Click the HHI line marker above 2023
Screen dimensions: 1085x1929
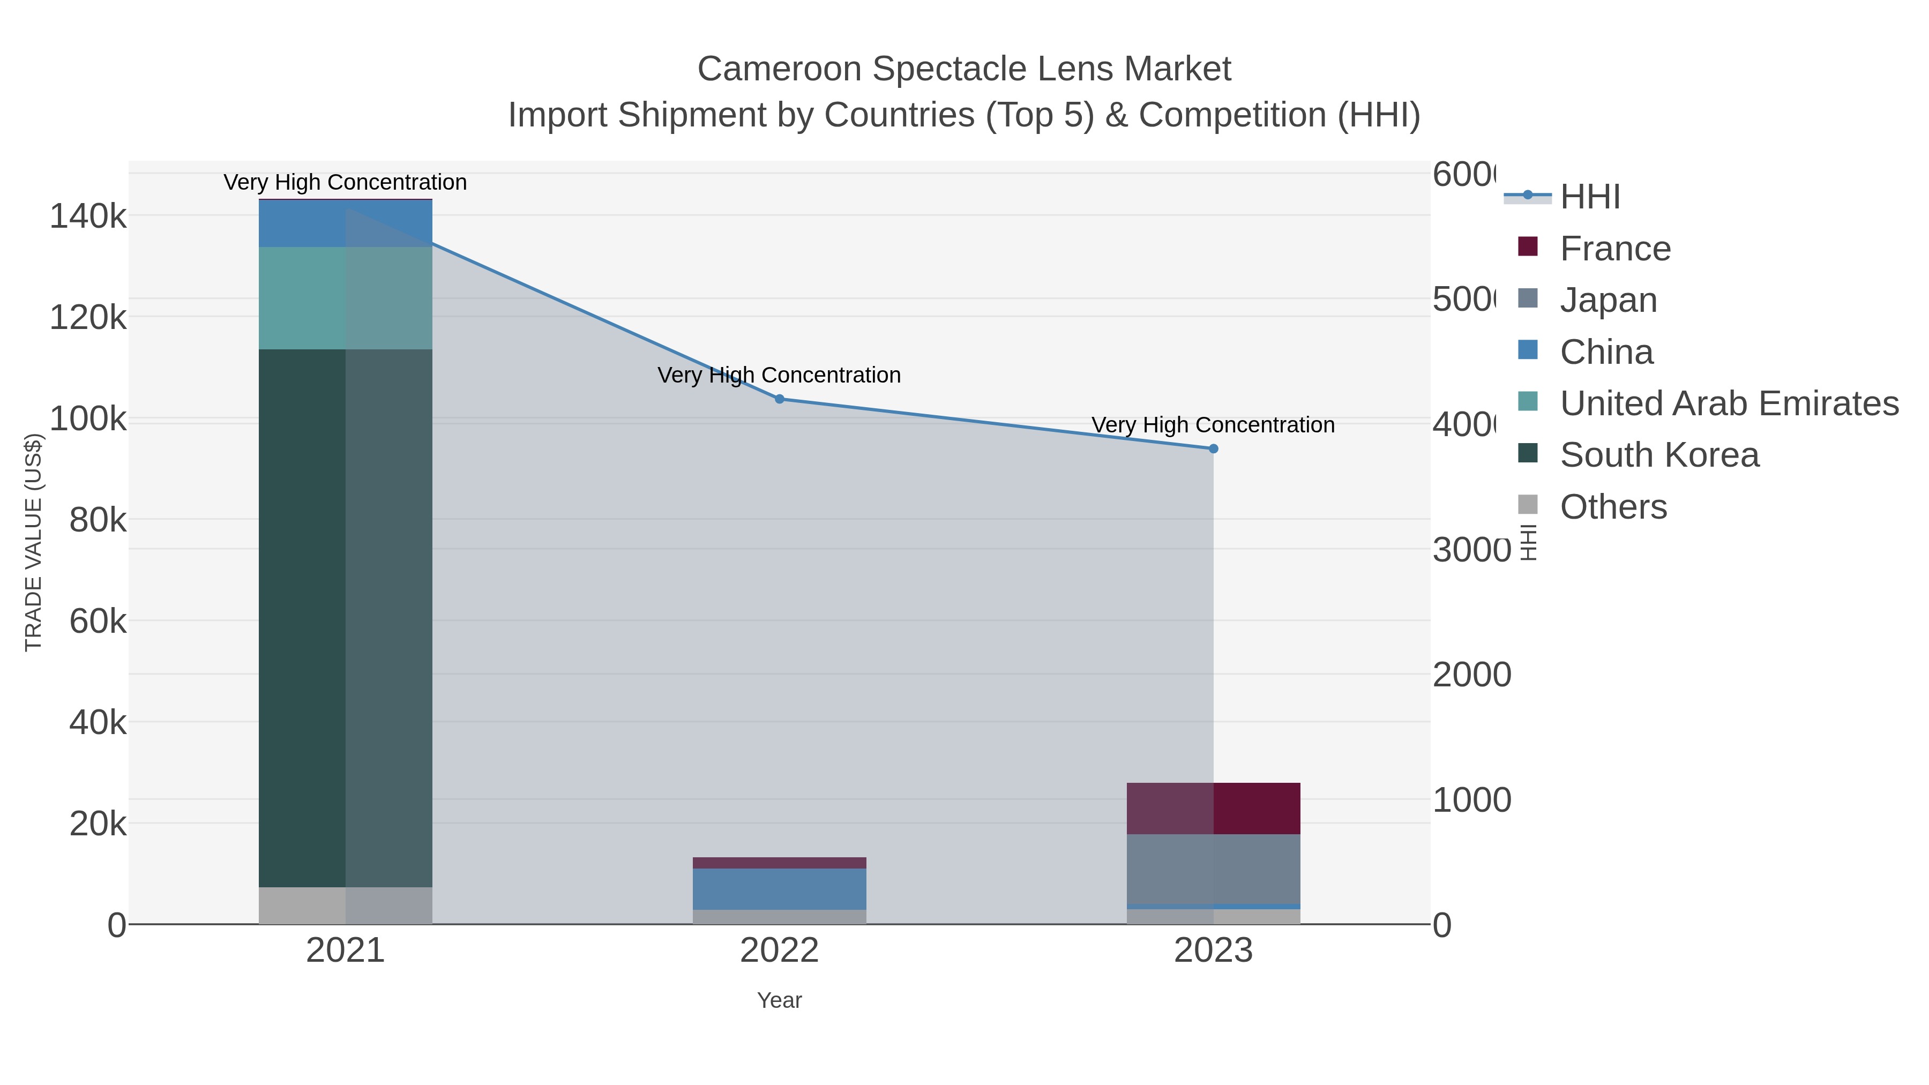pos(1213,448)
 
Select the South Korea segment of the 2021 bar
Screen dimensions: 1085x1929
pos(345,618)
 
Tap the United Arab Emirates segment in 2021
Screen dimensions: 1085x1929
pos(345,298)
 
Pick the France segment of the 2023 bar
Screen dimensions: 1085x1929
pos(1213,808)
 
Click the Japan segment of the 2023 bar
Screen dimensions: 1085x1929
pos(1213,869)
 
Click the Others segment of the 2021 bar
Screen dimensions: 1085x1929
pos(345,906)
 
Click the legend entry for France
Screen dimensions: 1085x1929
pos(1614,248)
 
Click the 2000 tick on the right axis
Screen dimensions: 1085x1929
pos(1471,675)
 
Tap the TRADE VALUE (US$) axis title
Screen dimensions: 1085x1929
pos(34,542)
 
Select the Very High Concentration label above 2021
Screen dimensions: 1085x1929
pos(345,182)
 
